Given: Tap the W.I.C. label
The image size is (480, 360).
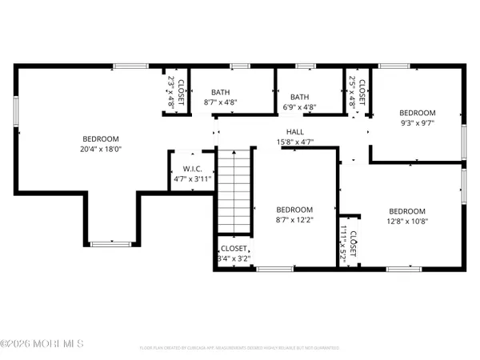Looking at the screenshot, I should tap(192, 169).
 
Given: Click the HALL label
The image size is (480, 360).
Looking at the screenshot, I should tap(294, 133).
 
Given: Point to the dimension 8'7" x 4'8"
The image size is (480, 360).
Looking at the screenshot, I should tap(220, 102).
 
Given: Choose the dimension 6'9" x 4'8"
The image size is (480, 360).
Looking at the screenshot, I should tap(300, 106).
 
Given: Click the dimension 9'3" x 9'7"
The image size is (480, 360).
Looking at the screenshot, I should tap(417, 124).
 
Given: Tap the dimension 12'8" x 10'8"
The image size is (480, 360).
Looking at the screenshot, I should tap(406, 222).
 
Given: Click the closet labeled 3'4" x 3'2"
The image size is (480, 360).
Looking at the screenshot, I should tap(234, 254).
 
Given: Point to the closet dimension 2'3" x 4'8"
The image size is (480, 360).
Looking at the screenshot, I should tap(170, 93).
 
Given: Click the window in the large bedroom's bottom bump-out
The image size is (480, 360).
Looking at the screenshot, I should tap(102, 242).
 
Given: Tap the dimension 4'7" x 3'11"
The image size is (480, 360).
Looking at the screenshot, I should tap(192, 179).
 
